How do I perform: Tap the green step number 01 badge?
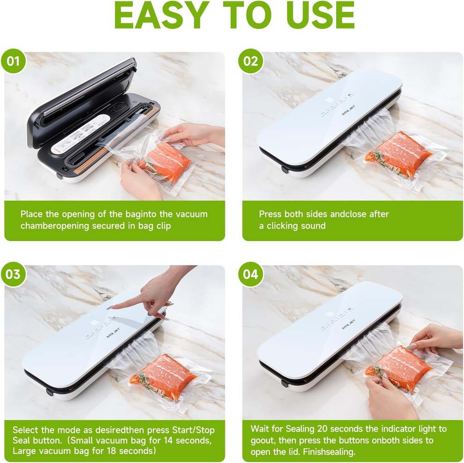[x=13, y=61]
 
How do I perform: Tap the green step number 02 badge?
[x=251, y=61]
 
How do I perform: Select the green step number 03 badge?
[x=13, y=275]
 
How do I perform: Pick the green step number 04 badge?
[x=251, y=275]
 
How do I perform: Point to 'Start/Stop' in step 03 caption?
[x=192, y=430]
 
